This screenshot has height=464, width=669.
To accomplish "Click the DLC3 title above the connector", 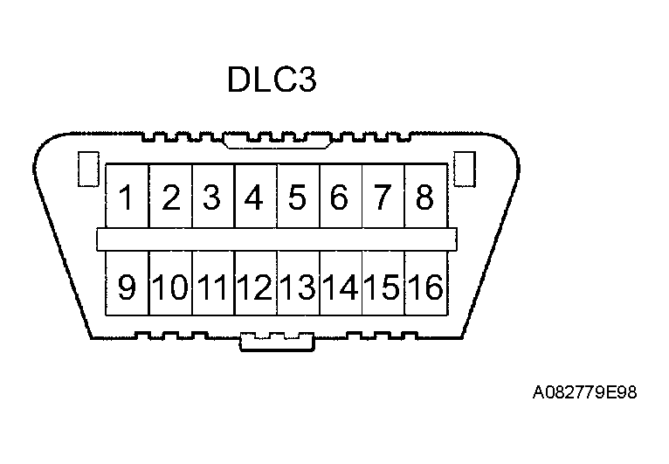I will (271, 80).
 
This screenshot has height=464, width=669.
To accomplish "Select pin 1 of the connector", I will (128, 197).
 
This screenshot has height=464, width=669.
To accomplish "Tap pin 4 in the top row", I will (254, 197).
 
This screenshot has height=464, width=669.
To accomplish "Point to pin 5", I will (297, 197).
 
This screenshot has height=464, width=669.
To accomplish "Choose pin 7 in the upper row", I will (383, 197).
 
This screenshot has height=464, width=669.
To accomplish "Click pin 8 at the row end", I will (424, 197).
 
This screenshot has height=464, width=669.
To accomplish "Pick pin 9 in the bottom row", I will (128, 286).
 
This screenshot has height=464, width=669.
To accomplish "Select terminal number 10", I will (170, 286).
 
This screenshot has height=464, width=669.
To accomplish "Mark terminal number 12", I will (255, 286).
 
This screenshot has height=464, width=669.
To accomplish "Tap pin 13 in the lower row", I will (298, 286).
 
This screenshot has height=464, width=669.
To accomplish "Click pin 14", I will (341, 286).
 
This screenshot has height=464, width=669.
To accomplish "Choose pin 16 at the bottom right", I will (425, 286).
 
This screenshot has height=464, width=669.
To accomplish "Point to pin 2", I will (170, 197).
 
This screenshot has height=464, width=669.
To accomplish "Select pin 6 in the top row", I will (340, 197).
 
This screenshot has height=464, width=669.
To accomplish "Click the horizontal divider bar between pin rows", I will (276, 239).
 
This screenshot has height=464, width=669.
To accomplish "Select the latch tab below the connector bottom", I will (277, 343).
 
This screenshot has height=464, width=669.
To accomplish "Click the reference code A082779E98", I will (584, 393).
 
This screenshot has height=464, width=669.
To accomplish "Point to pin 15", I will (383, 286).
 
